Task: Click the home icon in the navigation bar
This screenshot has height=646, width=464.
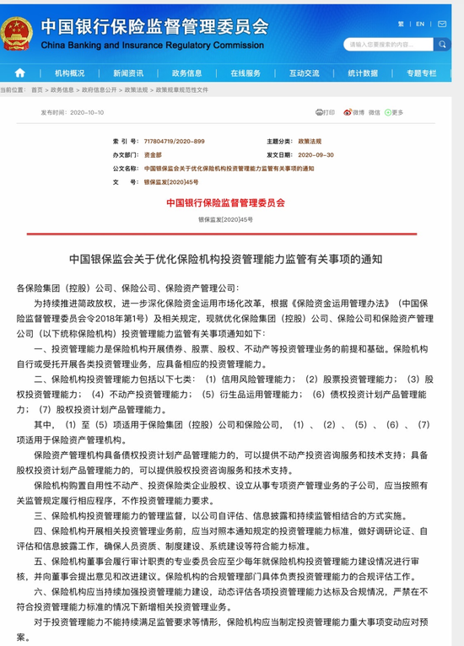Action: point(19,73)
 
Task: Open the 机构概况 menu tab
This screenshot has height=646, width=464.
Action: point(70,73)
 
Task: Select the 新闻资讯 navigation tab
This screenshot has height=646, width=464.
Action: point(128,73)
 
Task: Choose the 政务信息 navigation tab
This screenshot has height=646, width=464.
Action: point(186,73)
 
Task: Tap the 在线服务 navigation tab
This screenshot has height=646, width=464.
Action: point(245,73)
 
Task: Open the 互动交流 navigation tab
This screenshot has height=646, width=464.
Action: point(304,73)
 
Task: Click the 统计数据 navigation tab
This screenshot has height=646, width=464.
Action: point(363,73)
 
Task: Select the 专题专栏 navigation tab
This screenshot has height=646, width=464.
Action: point(421,73)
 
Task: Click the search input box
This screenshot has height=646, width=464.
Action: point(397,44)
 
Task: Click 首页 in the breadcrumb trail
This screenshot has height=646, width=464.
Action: point(36,89)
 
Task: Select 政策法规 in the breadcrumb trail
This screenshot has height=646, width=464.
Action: point(136,89)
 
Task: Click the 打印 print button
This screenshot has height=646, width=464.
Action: point(326,111)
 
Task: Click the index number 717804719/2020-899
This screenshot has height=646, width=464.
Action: point(175,142)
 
